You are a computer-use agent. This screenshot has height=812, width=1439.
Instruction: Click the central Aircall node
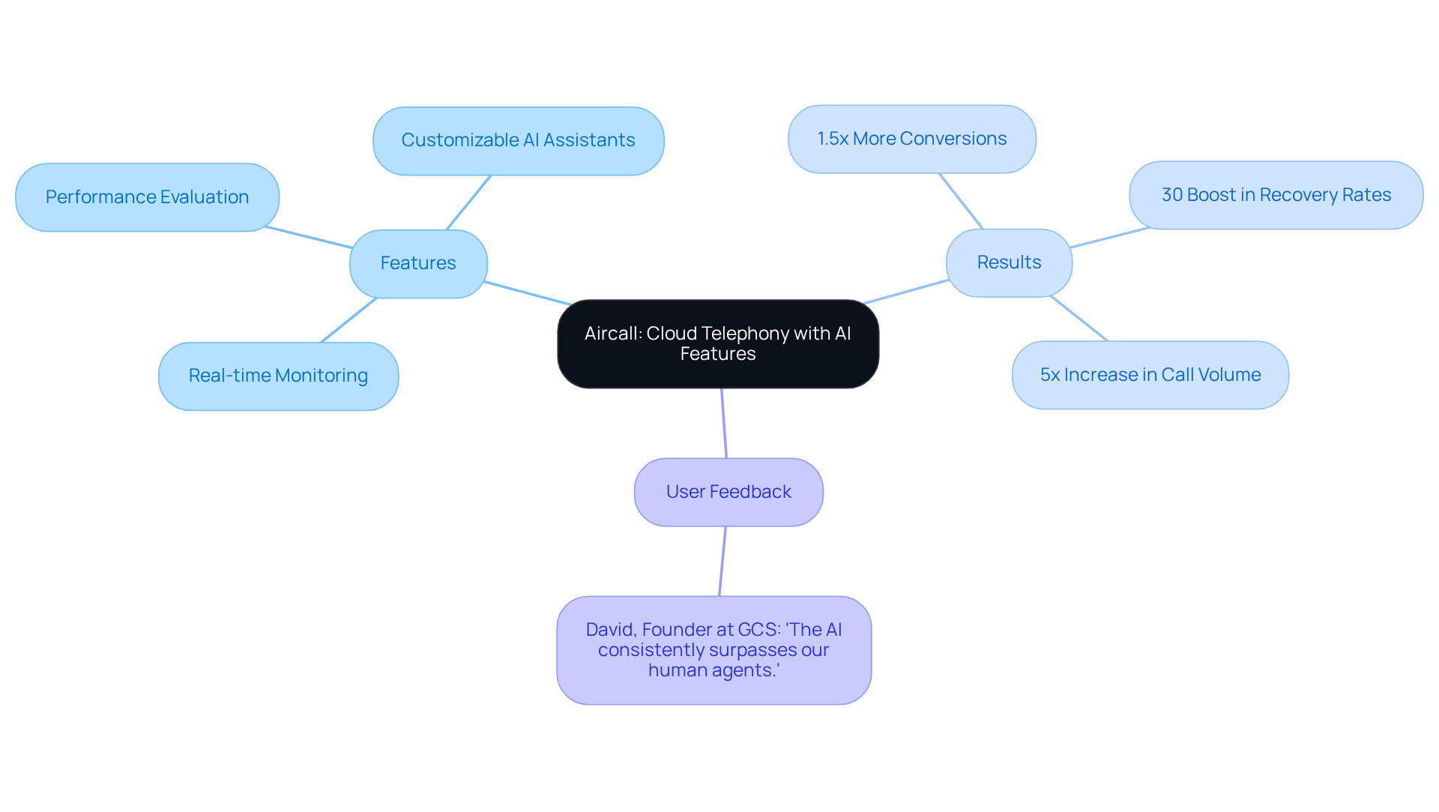[x=717, y=344]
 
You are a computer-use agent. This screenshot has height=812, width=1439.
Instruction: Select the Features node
[x=418, y=263]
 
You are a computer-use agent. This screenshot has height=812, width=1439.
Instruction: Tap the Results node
[x=1009, y=262]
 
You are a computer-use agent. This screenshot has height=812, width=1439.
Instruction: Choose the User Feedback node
[x=728, y=492]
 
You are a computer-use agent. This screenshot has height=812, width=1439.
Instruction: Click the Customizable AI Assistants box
[x=518, y=140]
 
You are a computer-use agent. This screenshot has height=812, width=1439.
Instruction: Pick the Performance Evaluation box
[x=147, y=197]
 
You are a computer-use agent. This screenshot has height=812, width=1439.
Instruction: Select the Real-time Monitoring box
[x=278, y=376]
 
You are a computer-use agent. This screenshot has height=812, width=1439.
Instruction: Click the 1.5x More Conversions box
[x=911, y=139]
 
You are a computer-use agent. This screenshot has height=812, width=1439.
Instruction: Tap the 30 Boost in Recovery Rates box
[x=1276, y=195]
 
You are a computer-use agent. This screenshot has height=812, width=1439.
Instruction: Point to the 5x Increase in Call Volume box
[x=1150, y=375]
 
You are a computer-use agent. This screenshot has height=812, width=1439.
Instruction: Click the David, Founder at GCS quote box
[x=714, y=650]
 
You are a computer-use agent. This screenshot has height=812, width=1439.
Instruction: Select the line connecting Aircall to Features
[x=528, y=293]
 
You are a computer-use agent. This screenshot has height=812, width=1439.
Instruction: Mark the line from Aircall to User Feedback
[x=724, y=423]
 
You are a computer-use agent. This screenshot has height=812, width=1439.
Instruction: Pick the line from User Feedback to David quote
[x=722, y=561]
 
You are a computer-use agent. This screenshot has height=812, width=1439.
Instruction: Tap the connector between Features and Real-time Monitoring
[x=349, y=320]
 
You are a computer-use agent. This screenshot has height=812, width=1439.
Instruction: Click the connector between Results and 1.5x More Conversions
[x=961, y=201]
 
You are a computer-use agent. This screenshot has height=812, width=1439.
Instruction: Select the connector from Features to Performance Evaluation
[x=309, y=237]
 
